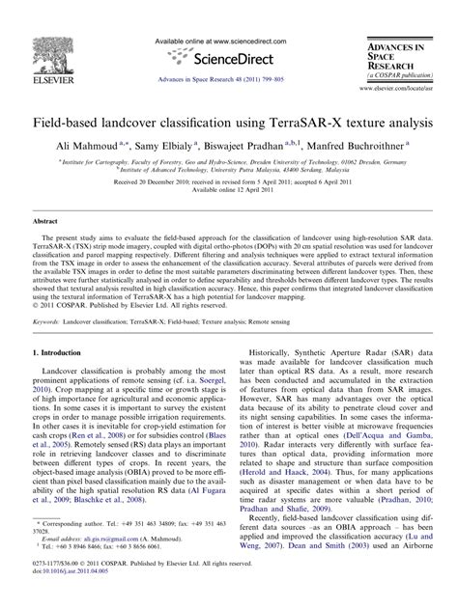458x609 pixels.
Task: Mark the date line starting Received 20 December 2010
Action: (229, 180)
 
